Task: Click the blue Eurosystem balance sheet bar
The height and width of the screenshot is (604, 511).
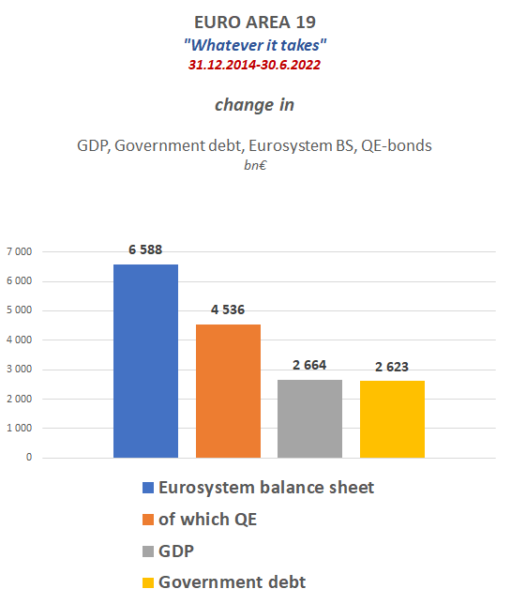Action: [x=145, y=361]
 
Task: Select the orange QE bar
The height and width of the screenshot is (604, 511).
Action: [x=228, y=391]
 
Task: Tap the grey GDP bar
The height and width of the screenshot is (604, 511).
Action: [x=309, y=418]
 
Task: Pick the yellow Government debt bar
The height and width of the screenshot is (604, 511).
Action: [x=392, y=419]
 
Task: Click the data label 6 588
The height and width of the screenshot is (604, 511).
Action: [x=145, y=249]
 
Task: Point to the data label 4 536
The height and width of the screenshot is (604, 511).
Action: [x=228, y=310]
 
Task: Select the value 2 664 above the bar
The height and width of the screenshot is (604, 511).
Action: [x=309, y=365]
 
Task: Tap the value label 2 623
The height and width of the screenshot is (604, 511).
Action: [x=392, y=367]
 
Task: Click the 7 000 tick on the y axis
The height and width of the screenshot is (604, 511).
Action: [x=20, y=252]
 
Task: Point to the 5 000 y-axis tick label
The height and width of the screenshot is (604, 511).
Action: [x=20, y=310]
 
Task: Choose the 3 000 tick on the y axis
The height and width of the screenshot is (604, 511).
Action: [x=20, y=370]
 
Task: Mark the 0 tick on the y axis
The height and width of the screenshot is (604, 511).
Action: [x=29, y=458]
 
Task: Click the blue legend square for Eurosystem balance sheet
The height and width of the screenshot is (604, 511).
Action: [x=148, y=488]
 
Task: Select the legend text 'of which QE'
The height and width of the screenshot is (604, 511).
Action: [x=207, y=520]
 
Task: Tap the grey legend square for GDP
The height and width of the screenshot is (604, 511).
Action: [x=148, y=551]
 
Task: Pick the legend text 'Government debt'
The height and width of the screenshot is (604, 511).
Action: [x=232, y=582]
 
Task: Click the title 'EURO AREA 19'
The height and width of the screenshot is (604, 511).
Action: [x=255, y=23]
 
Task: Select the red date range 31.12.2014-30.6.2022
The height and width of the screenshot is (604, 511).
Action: [x=254, y=65]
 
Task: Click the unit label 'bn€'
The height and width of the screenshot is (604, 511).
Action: [x=255, y=165]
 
